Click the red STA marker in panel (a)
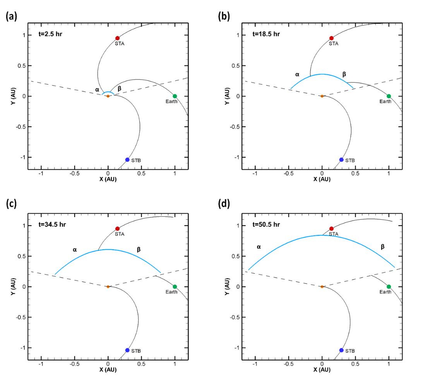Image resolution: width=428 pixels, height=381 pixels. tap(117, 38)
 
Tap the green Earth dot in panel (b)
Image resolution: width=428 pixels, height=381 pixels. tap(389, 96)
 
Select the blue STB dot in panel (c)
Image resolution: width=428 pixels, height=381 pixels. tap(127, 350)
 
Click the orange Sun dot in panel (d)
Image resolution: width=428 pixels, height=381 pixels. tap(322, 286)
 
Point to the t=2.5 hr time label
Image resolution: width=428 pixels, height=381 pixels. tap(50, 34)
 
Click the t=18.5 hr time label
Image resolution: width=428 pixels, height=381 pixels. tap(266, 34)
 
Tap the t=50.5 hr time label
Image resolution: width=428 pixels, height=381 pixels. tap(266, 224)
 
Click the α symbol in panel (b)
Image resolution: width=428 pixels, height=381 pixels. tap(297, 74)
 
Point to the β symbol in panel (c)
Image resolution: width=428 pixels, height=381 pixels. tap(139, 250)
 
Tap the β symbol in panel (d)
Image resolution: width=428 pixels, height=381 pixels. tap(383, 247)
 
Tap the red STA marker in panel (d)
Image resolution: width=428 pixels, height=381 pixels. tap(331, 229)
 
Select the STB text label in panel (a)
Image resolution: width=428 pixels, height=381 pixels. tap(136, 160)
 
